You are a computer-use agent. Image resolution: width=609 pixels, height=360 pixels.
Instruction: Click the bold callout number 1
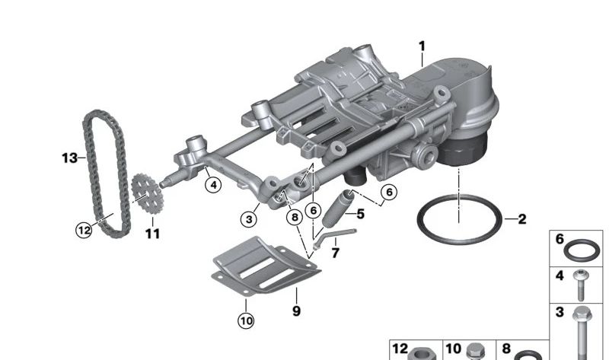tap(422, 46)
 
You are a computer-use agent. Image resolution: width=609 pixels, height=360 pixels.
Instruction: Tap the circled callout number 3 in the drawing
tap(249, 219)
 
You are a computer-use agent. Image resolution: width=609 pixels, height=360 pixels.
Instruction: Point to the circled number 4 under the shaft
tap(213, 185)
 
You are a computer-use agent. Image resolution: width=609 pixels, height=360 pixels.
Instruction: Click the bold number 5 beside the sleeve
tap(360, 214)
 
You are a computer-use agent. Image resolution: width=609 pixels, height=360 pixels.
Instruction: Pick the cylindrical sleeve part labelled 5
tap(337, 209)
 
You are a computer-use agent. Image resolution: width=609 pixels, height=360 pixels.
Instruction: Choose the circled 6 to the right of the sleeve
tap(389, 192)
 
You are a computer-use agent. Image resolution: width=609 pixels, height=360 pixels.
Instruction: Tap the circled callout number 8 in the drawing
tap(295, 217)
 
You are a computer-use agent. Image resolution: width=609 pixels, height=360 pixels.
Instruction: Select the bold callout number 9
tap(296, 311)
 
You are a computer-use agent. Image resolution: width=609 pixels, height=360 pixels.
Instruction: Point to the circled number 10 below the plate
tap(246, 320)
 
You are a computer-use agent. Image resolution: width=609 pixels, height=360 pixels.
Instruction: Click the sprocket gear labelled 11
tap(148, 194)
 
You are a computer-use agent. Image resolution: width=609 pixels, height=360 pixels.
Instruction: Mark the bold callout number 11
tap(153, 234)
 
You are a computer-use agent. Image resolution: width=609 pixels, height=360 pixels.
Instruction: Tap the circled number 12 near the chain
tap(84, 231)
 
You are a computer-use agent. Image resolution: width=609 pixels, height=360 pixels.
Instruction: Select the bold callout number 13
tap(69, 158)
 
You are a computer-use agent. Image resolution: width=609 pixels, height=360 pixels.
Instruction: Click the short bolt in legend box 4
tap(581, 285)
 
